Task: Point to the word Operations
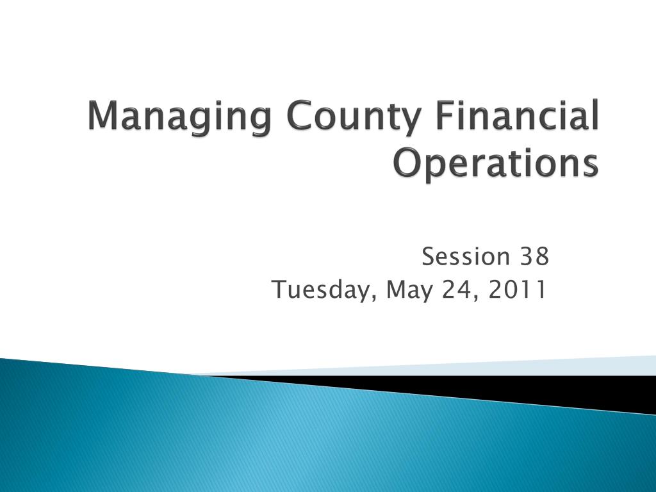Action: pyautogui.click(x=495, y=165)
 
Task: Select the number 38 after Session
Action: pyautogui.click(x=534, y=256)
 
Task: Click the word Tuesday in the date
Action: pyautogui.click(x=323, y=290)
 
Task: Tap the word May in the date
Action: pyautogui.click(x=409, y=290)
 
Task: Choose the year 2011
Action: pyautogui.click(x=518, y=289)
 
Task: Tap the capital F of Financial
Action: pyautogui.click(x=447, y=114)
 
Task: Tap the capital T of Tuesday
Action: pyautogui.click(x=279, y=289)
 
